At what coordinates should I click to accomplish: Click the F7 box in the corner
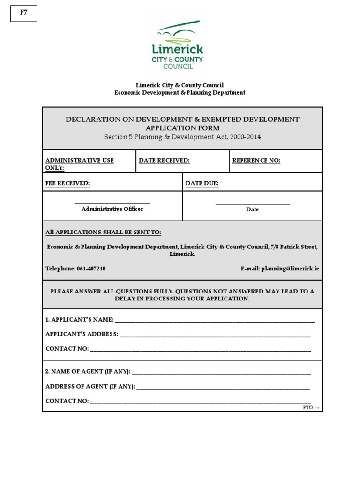tap(23, 14)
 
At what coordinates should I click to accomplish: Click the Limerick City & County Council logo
tap(177, 45)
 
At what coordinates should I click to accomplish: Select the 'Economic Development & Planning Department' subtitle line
tap(180, 93)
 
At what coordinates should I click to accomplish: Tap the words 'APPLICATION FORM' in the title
tap(182, 128)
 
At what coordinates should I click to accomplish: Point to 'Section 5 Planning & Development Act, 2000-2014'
tap(182, 137)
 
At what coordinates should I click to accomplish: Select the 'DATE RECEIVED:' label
tap(164, 161)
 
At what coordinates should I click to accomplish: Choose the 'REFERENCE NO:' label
tap(256, 161)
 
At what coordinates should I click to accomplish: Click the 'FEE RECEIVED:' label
tap(67, 184)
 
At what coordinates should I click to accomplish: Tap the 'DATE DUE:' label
tap(202, 184)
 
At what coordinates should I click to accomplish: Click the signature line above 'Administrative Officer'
tap(112, 203)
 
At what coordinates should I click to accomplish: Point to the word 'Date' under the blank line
tap(252, 210)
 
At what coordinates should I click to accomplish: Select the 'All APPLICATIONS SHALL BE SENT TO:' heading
tap(103, 232)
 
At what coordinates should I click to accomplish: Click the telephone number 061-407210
tap(90, 269)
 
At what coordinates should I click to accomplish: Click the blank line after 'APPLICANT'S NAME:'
tap(215, 321)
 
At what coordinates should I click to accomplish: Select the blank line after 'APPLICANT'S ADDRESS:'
tap(215, 336)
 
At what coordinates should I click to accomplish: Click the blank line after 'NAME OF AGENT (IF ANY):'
tap(221, 373)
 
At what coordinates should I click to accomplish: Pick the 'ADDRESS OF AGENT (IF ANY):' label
tap(90, 387)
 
